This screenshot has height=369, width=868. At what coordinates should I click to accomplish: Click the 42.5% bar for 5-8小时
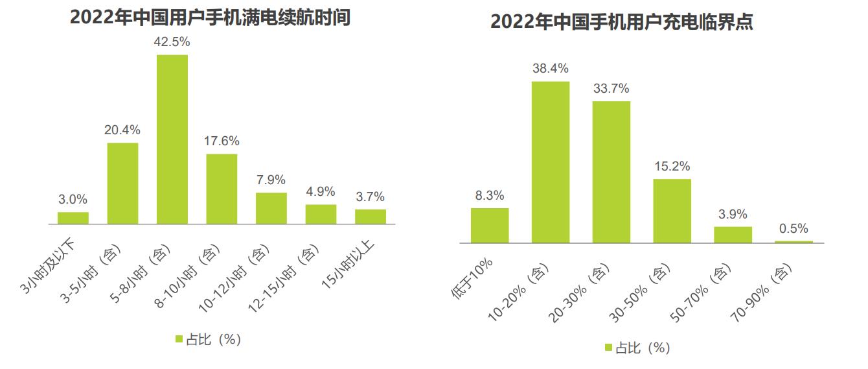point(172,139)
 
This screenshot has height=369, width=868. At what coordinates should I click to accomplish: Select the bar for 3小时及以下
point(73,218)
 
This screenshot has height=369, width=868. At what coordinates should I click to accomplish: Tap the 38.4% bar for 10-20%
point(551,162)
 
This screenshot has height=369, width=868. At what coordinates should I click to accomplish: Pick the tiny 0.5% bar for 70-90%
point(794,242)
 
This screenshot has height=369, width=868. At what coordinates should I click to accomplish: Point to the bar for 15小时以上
point(371,217)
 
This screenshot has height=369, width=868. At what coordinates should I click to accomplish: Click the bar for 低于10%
point(490,226)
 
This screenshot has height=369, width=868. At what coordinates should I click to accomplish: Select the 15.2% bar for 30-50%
point(672,211)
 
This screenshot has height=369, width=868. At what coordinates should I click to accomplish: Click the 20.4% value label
point(122,130)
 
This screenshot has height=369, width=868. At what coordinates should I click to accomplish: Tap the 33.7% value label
point(611,88)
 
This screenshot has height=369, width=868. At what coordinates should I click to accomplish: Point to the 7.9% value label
point(271,180)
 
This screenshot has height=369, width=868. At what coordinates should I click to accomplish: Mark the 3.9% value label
point(733,214)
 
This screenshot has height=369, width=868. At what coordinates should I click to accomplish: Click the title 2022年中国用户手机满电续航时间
point(210,18)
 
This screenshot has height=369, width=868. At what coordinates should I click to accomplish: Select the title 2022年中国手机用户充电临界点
point(621,22)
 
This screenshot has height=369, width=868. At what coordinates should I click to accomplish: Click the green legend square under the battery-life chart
point(179,339)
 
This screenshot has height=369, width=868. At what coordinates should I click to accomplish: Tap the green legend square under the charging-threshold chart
point(608,348)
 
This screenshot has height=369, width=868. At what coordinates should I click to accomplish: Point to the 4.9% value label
point(321,191)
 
